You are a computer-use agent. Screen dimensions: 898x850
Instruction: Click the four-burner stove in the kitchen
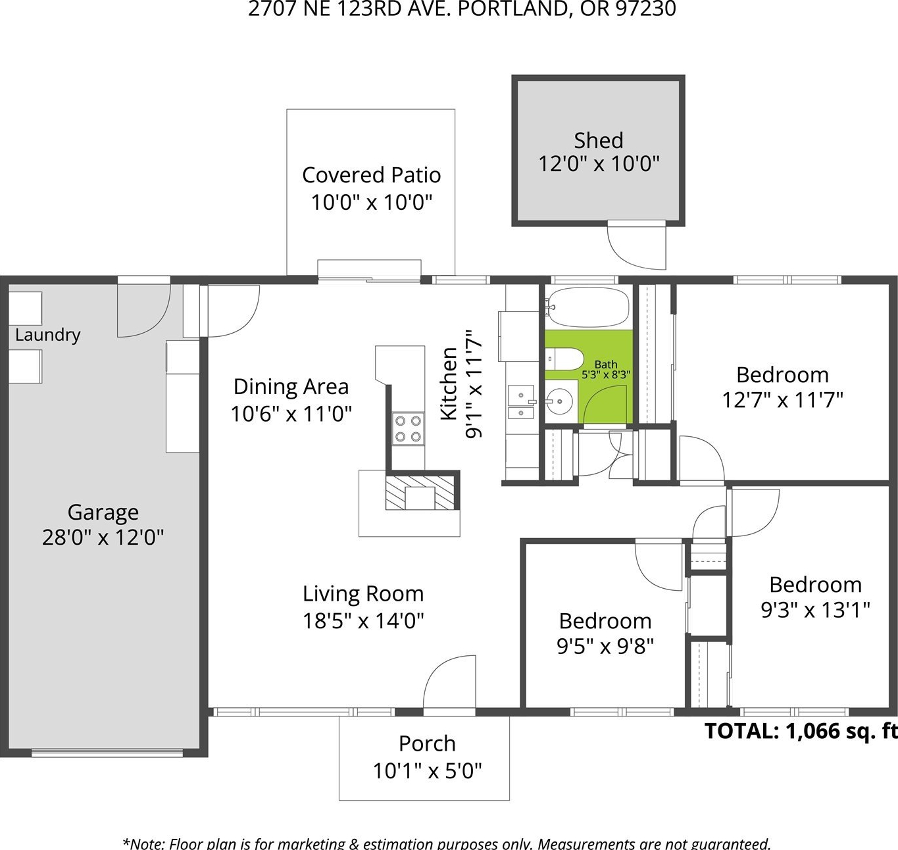pyautogui.click(x=408, y=428)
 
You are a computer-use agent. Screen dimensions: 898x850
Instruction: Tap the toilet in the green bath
pyautogui.click(x=564, y=359)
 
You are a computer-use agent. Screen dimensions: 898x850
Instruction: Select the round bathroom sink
pyautogui.click(x=559, y=402)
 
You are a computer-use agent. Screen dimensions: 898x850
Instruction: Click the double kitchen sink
pyautogui.click(x=521, y=401)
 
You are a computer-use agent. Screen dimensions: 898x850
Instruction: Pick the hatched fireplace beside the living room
pyautogui.click(x=420, y=493)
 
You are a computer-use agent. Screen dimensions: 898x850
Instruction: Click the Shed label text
pyautogui.click(x=599, y=141)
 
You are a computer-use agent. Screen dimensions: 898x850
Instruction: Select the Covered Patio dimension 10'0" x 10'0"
pyautogui.click(x=371, y=203)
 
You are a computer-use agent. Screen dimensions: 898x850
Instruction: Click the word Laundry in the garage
pyautogui.click(x=47, y=335)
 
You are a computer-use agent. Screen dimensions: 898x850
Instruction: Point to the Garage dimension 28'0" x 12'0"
pyautogui.click(x=103, y=537)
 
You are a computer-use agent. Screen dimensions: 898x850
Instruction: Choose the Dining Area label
pyautogui.click(x=291, y=387)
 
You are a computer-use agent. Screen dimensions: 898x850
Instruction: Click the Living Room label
pyautogui.click(x=363, y=594)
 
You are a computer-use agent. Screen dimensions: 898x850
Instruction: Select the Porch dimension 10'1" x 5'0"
pyautogui.click(x=427, y=772)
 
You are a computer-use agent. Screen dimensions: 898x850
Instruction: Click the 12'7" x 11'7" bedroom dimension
pyautogui.click(x=782, y=401)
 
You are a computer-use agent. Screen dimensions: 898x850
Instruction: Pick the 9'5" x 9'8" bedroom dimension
pyautogui.click(x=605, y=646)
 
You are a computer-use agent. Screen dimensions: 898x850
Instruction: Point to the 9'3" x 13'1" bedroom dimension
pyautogui.click(x=815, y=610)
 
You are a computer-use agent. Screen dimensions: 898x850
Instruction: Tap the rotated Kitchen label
pyautogui.click(x=449, y=384)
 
